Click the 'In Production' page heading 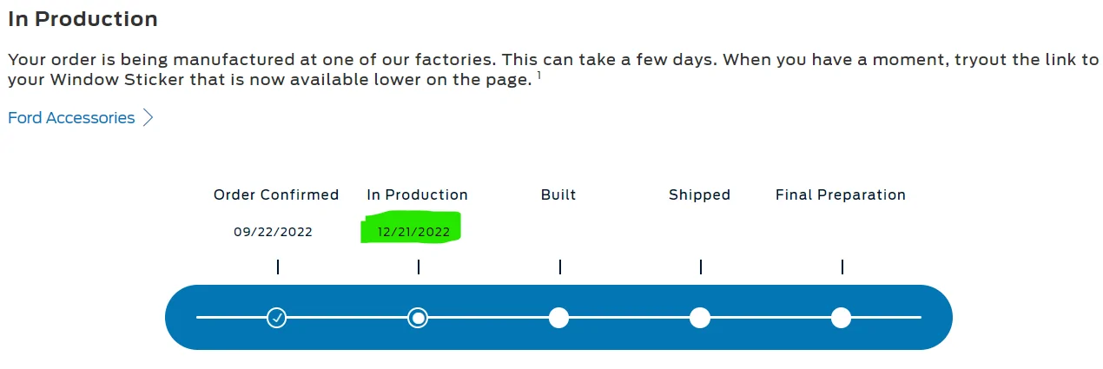click(x=83, y=18)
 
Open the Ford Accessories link click(x=71, y=118)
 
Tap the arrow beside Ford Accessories click(x=149, y=118)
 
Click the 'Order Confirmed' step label click(x=276, y=194)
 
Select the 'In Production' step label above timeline click(x=417, y=194)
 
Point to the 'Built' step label click(x=558, y=194)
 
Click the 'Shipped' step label click(x=699, y=194)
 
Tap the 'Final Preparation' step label click(x=840, y=194)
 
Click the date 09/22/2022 click(x=273, y=232)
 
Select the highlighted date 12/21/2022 click(x=413, y=232)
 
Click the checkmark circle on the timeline click(x=276, y=318)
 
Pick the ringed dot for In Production click(x=418, y=318)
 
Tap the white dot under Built click(x=558, y=318)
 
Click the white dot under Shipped click(x=700, y=318)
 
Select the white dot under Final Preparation click(x=841, y=318)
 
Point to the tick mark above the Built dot click(x=560, y=267)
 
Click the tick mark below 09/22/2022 click(x=278, y=267)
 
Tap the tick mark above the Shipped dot click(x=701, y=267)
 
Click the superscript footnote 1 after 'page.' click(x=538, y=76)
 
